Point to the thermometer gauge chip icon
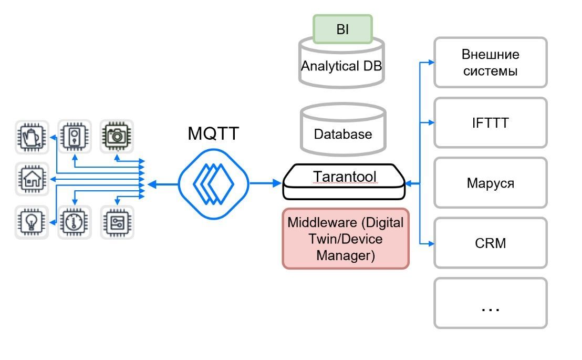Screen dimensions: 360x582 pyautogui.click(x=74, y=222)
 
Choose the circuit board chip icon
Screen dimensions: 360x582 pyautogui.click(x=117, y=222)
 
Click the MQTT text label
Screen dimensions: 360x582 pyautogui.click(x=213, y=134)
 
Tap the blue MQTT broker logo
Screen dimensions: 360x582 pyautogui.click(x=213, y=183)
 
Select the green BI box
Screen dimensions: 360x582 pyautogui.click(x=342, y=29)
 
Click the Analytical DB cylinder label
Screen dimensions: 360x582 pyautogui.click(x=341, y=67)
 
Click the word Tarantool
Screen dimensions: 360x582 pyautogui.click(x=345, y=177)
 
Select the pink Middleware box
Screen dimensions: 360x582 pyautogui.click(x=345, y=239)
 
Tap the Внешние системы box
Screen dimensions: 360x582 pyautogui.click(x=490, y=62)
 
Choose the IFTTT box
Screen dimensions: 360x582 pyautogui.click(x=490, y=123)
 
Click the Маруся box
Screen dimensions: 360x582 pyautogui.click(x=490, y=183)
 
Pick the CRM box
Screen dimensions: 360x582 pyautogui.click(x=490, y=243)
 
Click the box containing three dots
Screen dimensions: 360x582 pyautogui.click(x=490, y=303)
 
